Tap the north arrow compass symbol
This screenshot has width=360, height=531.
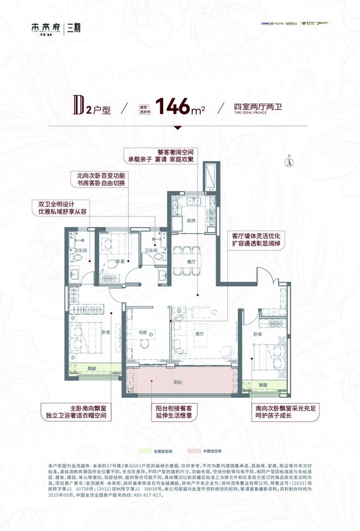click(x=290, y=161)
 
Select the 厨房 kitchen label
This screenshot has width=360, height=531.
click(x=190, y=221)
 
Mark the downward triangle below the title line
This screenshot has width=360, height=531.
click(x=177, y=128)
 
